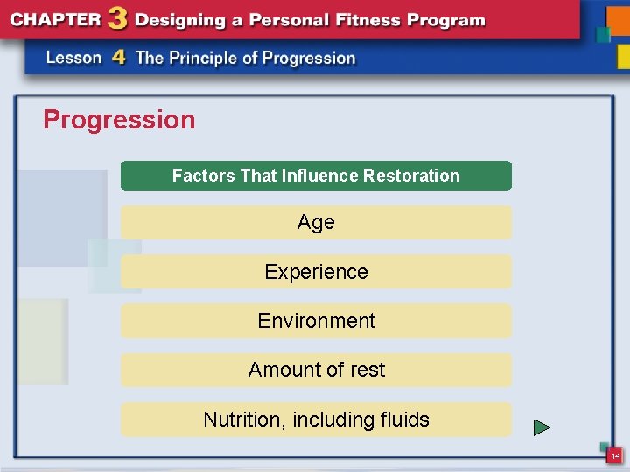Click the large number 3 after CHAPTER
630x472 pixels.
pyautogui.click(x=115, y=19)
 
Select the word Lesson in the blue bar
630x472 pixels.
pyautogui.click(x=74, y=59)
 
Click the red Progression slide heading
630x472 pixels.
pyautogui.click(x=119, y=120)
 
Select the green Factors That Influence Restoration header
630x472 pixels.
pyautogui.click(x=315, y=176)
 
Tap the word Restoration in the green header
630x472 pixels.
pyautogui.click(x=411, y=176)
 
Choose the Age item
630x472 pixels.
pyautogui.click(x=316, y=223)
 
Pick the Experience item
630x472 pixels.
pyautogui.click(x=316, y=272)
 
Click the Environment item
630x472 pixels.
pyautogui.click(x=316, y=321)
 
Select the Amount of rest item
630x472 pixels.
pyautogui.click(x=316, y=370)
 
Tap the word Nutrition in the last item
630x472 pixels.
pyautogui.click(x=241, y=420)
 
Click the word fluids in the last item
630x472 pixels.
pyautogui.click(x=403, y=420)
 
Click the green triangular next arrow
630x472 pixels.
pyautogui.click(x=542, y=428)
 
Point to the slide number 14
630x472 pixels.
pyautogui.click(x=615, y=456)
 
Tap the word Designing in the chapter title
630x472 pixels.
pyautogui.click(x=178, y=20)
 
